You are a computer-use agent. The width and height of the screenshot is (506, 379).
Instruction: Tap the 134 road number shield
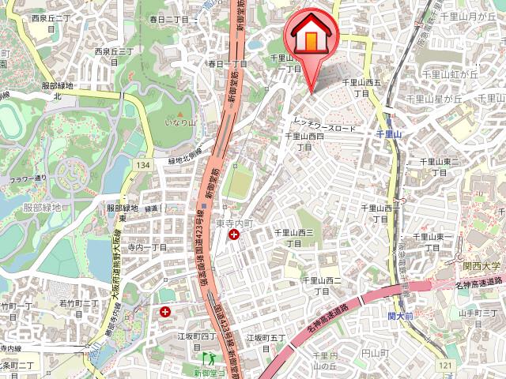pyautogui.click(x=142, y=164)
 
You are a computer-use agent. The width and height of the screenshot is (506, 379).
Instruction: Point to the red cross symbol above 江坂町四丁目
pyautogui.click(x=165, y=312)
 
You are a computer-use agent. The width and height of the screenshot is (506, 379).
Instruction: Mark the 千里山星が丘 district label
pyautogui.click(x=434, y=99)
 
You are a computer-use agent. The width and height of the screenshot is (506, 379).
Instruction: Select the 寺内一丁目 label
pyautogui.click(x=149, y=247)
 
